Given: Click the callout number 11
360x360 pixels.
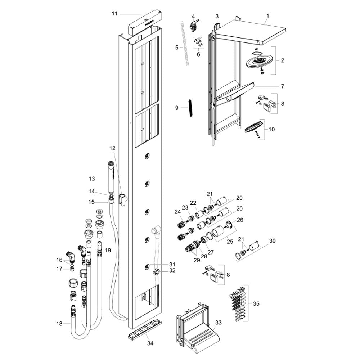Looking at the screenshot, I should (114, 14).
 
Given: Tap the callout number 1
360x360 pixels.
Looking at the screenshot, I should (268, 16).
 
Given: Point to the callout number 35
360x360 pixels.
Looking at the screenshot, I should (256, 304).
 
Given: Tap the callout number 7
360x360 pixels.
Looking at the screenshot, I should (282, 86).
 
